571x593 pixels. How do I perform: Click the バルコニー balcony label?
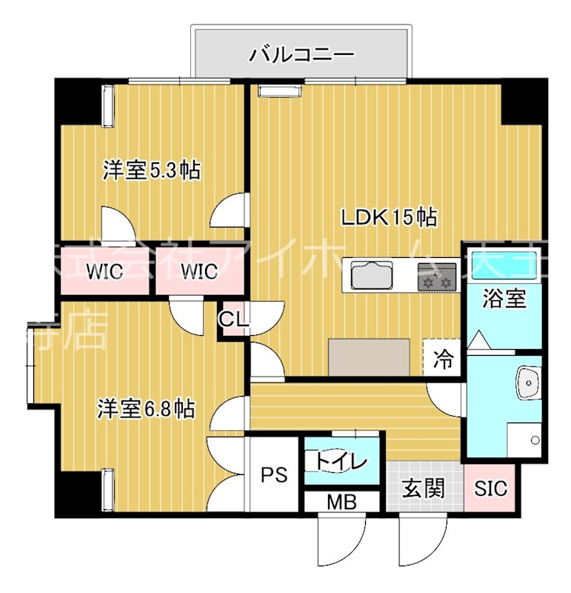point(301,53)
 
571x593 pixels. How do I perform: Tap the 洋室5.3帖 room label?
point(151,170)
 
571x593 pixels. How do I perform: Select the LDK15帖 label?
point(388,217)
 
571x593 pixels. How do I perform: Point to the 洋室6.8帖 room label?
point(147,408)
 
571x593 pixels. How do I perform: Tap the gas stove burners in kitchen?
point(437,277)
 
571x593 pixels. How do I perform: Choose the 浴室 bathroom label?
point(504,299)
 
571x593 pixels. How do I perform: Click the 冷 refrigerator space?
point(443,360)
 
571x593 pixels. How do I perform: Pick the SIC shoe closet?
point(491,488)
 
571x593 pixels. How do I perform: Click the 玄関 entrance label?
point(424,488)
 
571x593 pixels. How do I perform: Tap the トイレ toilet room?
point(341,462)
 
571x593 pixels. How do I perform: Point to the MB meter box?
point(341,503)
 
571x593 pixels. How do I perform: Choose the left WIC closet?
point(104,271)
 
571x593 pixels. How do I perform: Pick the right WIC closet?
point(198,271)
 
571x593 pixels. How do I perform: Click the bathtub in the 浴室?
point(504,262)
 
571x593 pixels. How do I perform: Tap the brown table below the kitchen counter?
point(369,357)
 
